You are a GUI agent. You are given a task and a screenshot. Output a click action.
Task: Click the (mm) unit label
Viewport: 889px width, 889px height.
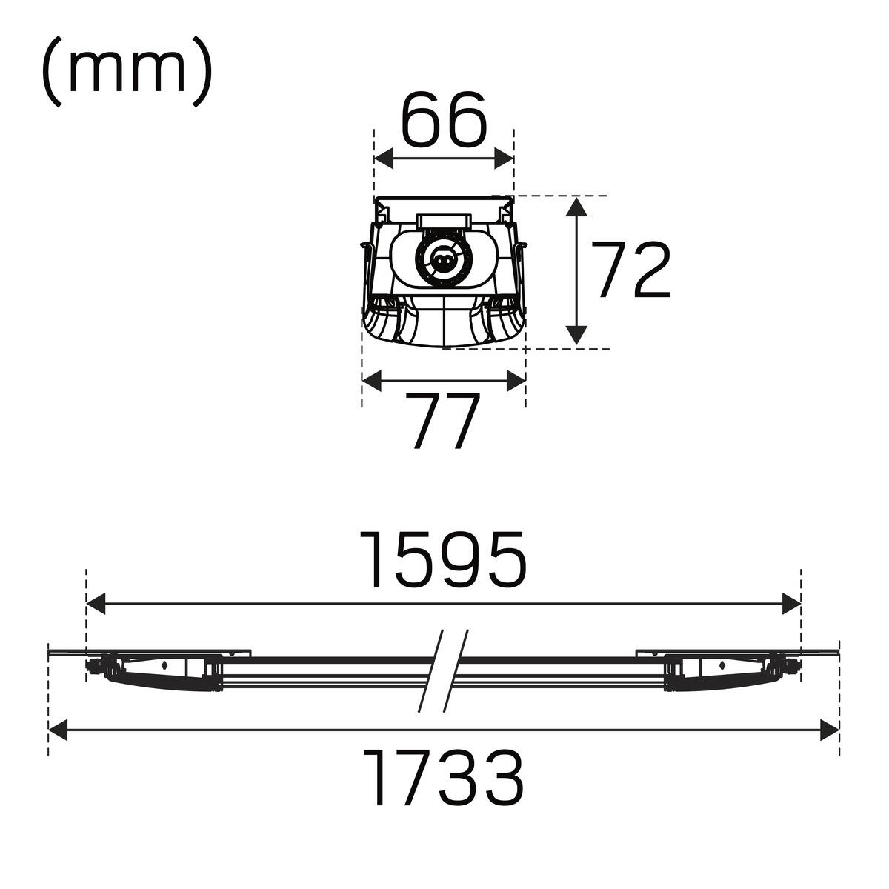pyautogui.click(x=127, y=72)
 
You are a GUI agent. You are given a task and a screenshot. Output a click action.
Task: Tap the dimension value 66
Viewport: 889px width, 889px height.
pyautogui.click(x=444, y=119)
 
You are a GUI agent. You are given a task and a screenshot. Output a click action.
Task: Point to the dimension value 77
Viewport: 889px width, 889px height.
pyautogui.click(x=442, y=420)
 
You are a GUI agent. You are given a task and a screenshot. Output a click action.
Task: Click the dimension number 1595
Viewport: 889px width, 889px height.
pyautogui.click(x=443, y=559)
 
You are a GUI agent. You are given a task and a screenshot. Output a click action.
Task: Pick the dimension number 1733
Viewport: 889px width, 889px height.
pyautogui.click(x=443, y=778)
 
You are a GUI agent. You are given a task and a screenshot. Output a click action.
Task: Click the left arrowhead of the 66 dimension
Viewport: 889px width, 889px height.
pyautogui.click(x=384, y=159)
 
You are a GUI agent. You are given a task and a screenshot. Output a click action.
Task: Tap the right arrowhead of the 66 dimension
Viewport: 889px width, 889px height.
pyautogui.click(x=504, y=159)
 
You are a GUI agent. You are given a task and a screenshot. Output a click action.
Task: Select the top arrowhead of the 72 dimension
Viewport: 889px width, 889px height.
pyautogui.click(x=576, y=206)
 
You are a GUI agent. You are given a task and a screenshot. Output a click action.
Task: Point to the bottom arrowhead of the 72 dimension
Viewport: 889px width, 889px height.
pyautogui.click(x=576, y=334)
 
